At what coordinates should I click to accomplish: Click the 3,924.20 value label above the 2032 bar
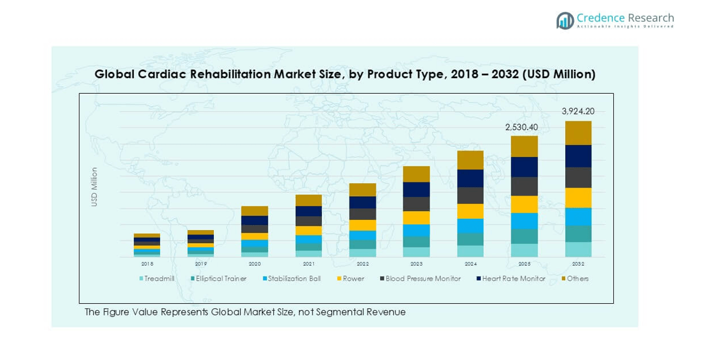pos(578,112)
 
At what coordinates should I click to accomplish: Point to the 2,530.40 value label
pos(521,127)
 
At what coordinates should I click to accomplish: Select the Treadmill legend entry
pos(158,279)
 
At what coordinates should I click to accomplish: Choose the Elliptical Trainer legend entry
pos(219,279)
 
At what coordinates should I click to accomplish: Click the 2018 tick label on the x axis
pos(147,264)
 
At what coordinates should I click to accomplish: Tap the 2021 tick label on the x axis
pos(308,264)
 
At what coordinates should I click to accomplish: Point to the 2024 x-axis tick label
pos(470,264)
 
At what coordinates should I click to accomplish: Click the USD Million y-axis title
pos(94,187)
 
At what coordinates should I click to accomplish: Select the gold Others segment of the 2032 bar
pos(578,133)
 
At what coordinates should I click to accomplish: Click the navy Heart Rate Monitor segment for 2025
pos(524,167)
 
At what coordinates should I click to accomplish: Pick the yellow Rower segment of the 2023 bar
pos(416,217)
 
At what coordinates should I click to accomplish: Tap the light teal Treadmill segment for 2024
pos(470,251)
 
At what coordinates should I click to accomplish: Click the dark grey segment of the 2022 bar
pos(363,214)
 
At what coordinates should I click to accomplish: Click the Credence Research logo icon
pos(565,21)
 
